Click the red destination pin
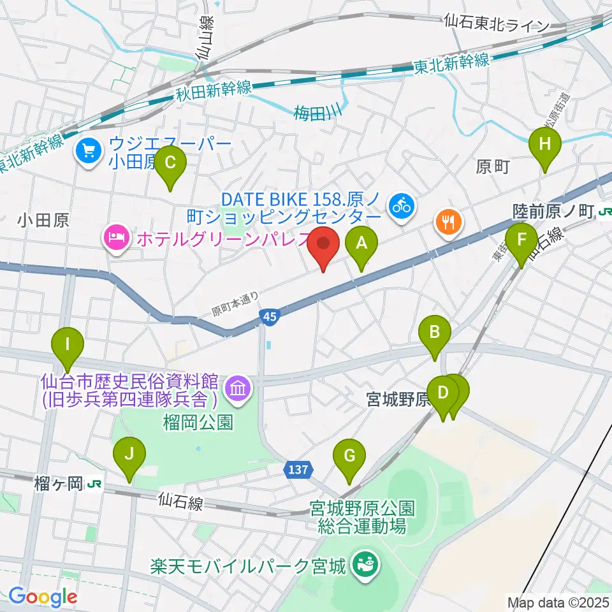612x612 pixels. (324, 244)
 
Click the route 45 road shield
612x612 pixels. (269, 316)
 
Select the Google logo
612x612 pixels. (43, 597)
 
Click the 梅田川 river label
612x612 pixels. (317, 114)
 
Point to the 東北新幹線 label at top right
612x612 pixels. (451, 63)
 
